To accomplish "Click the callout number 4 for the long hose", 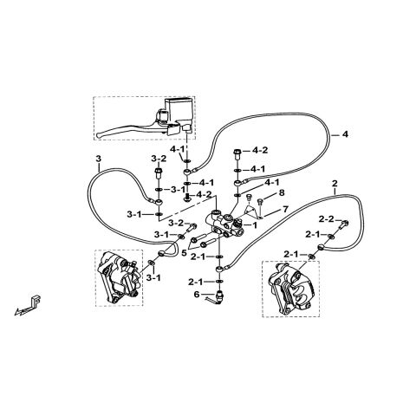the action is coord(345,134).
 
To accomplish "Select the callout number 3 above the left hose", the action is coord(99,159).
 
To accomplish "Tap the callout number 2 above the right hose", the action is coord(335,183).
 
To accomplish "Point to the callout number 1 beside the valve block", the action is coord(255,225).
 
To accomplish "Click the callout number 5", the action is coord(184,254).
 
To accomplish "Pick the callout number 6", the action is coord(197,295).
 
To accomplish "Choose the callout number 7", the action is coord(285,209).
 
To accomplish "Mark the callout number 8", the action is coord(282,192).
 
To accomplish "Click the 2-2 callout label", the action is coord(327,219).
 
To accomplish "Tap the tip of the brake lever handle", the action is coord(99,134).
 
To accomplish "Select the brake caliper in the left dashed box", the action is coord(119,277).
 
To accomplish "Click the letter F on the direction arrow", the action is coord(36,301).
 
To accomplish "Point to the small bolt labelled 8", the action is coord(260,201).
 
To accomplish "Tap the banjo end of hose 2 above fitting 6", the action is coord(220,270).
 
